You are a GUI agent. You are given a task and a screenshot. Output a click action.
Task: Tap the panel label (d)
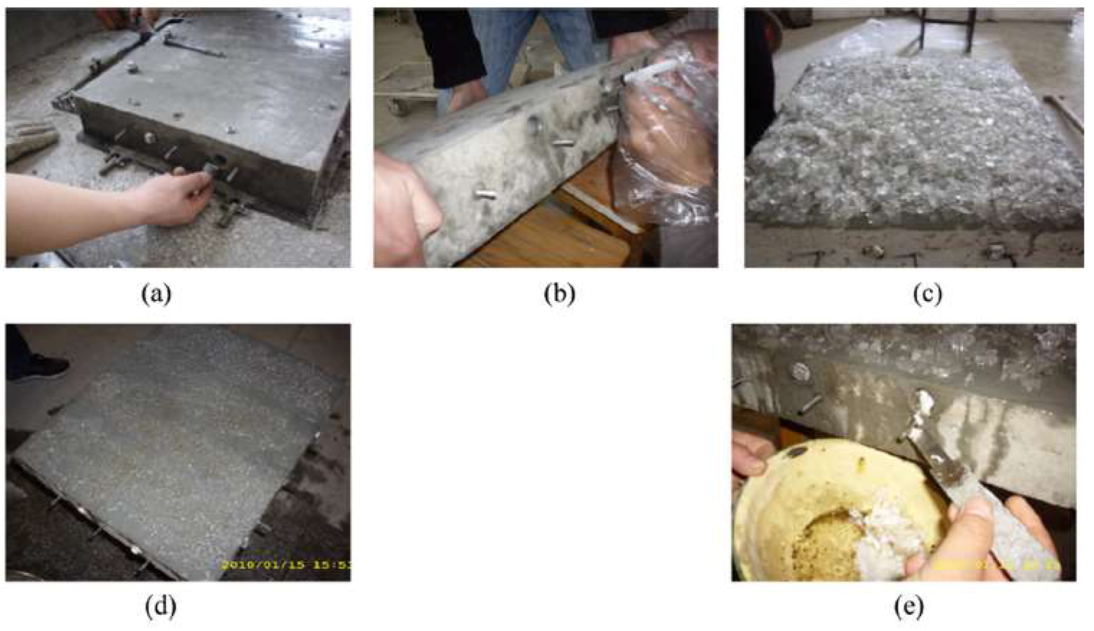pos(160,607)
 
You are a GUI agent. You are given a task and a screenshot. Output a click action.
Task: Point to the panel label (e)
pos(909,607)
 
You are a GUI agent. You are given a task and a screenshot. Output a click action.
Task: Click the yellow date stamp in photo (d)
pos(286,565)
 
